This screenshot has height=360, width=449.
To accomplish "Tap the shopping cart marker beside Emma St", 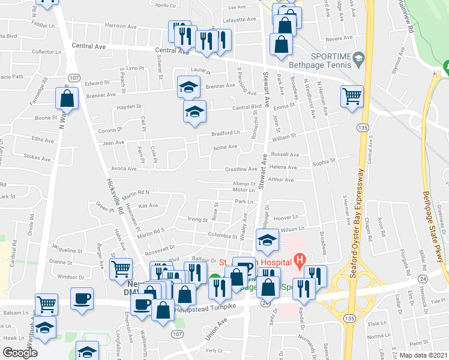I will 351,96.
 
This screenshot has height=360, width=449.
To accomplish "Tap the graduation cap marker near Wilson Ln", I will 266,241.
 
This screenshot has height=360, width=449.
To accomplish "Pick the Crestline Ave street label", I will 240,170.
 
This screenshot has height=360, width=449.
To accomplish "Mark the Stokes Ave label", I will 37,158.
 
